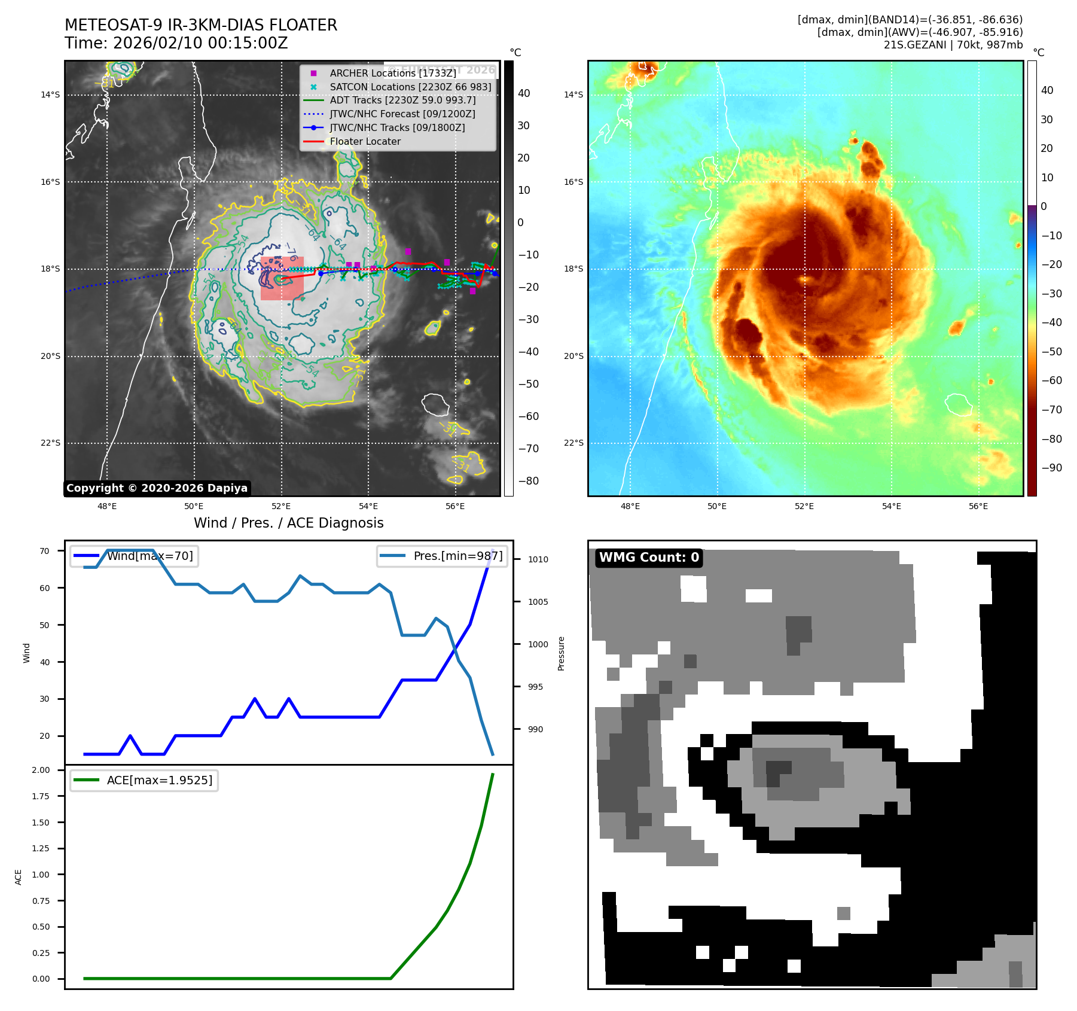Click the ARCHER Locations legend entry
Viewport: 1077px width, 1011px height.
(x=392, y=73)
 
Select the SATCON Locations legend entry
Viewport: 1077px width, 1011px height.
(x=410, y=87)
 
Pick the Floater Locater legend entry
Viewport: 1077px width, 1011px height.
(x=365, y=141)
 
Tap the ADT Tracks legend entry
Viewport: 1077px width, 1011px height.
(x=402, y=100)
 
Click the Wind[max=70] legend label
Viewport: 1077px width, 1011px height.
(x=150, y=556)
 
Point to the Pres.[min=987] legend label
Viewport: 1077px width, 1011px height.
(x=457, y=556)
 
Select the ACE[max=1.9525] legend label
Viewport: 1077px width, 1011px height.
(x=159, y=780)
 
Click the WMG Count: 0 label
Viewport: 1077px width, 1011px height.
(x=649, y=558)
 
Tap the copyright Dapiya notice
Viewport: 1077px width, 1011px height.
(x=157, y=488)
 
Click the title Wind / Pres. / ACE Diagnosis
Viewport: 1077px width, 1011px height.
(x=288, y=523)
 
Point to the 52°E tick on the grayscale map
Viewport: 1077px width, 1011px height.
(x=281, y=506)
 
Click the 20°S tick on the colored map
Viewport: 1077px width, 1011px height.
(x=573, y=356)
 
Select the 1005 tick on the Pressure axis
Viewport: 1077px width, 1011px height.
(x=538, y=602)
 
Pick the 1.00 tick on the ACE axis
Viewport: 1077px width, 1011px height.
(x=41, y=875)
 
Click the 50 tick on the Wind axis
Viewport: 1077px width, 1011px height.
(x=44, y=625)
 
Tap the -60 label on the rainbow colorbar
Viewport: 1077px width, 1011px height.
(x=1051, y=380)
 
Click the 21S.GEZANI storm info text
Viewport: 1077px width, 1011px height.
(x=953, y=45)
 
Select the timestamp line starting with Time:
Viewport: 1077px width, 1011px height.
(x=176, y=43)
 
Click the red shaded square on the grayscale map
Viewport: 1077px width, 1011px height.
(x=282, y=278)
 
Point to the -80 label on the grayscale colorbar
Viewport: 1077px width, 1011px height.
(x=528, y=481)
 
